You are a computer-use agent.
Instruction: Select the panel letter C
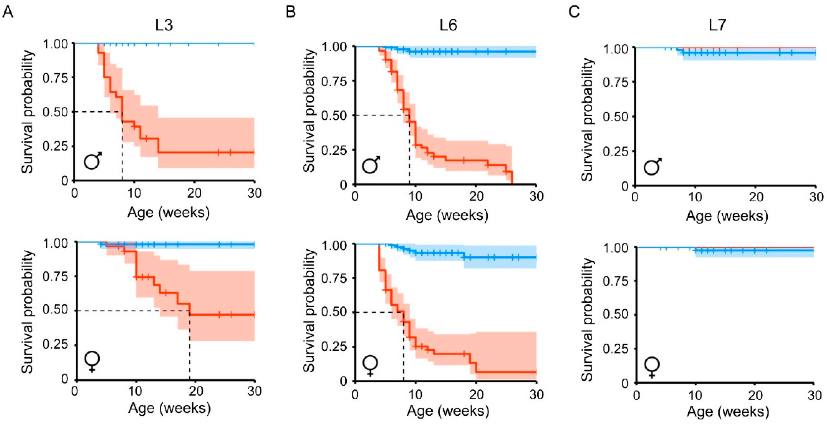point(574,12)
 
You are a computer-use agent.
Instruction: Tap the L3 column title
point(164,25)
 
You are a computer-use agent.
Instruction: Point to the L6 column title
point(448,25)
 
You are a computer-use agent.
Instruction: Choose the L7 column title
point(717,25)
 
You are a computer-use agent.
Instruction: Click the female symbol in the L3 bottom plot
point(92,362)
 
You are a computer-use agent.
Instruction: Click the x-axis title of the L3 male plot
point(169,213)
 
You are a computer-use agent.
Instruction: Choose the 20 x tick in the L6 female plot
point(476,394)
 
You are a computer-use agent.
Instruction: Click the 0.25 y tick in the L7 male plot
point(615,151)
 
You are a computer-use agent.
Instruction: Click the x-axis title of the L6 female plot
point(448,411)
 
